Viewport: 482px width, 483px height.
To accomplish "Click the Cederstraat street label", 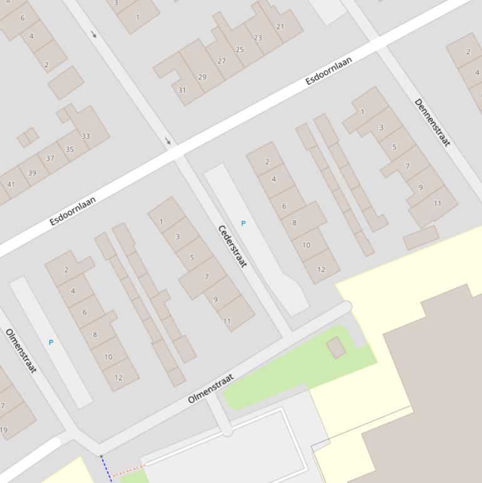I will (232, 245).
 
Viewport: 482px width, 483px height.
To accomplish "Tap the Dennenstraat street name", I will (432, 122).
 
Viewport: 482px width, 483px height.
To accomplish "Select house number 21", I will (280, 26).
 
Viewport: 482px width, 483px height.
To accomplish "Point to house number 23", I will (258, 38).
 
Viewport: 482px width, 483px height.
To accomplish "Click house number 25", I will (239, 50).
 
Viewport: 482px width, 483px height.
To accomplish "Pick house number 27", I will (221, 61).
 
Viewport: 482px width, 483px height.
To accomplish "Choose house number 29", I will (202, 77).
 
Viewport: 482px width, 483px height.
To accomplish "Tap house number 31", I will (182, 90).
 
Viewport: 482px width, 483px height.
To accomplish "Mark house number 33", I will (85, 136).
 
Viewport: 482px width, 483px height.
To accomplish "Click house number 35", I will (70, 149).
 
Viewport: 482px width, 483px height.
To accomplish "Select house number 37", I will (50, 159).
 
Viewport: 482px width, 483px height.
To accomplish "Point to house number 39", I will (31, 173).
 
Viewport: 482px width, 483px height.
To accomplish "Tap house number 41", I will (11, 184).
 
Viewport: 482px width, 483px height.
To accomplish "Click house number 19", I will (4, 430).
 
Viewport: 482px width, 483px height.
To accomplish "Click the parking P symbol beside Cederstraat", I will (243, 223).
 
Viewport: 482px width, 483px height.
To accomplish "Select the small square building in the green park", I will (336, 347).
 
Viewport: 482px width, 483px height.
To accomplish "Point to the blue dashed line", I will (106, 469).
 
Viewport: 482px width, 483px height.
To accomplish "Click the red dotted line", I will (128, 470).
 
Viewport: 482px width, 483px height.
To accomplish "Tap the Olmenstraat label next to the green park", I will (211, 388).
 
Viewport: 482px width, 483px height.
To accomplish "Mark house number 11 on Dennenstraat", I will (437, 203).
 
